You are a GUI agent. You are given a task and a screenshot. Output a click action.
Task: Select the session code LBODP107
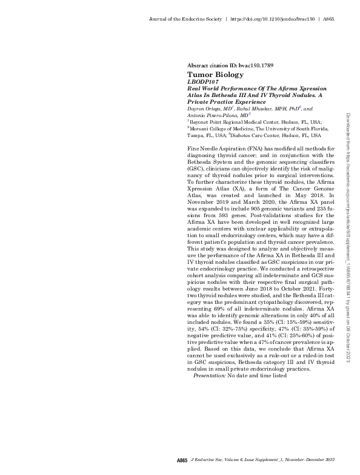click(205, 81)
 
